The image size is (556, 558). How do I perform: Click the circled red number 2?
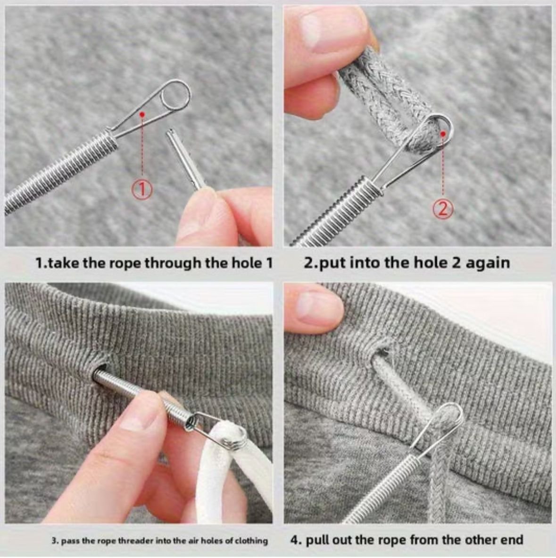pyautogui.click(x=443, y=210)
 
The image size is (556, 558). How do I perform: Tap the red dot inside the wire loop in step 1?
pyautogui.click(x=142, y=115)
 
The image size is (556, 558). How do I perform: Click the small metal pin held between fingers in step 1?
pyautogui.click(x=185, y=157)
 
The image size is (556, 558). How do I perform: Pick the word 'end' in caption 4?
pyautogui.click(x=512, y=540)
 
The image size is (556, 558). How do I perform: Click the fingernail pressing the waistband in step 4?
pyautogui.click(x=315, y=304)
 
